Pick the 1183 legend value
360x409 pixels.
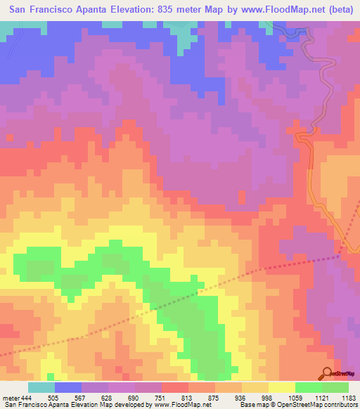348,397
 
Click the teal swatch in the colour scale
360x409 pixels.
41,387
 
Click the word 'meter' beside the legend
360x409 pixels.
10,397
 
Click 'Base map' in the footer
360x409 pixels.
253,405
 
